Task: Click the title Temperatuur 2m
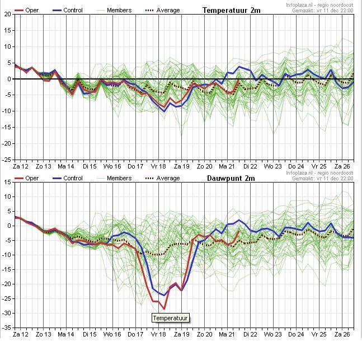click(231, 11)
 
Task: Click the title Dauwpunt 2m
click(231, 179)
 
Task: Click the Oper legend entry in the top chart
click(26, 11)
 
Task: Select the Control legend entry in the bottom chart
click(67, 179)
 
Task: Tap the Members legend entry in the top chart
click(114, 11)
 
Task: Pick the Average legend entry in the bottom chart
click(162, 179)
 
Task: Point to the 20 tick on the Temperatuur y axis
click(8, 14)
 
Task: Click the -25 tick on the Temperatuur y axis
click(7, 160)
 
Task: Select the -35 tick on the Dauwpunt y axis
click(7, 328)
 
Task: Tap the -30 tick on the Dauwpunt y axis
click(7, 313)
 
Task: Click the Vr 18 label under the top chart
click(158, 166)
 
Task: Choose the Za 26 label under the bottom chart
click(342, 334)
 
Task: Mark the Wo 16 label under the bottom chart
click(112, 334)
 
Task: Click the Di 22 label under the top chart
click(250, 166)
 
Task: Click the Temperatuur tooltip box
click(171, 318)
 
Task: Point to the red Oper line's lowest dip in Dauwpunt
click(164, 309)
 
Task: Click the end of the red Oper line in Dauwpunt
click(239, 231)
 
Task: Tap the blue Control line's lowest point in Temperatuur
click(164, 111)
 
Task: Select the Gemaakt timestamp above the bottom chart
click(322, 179)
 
